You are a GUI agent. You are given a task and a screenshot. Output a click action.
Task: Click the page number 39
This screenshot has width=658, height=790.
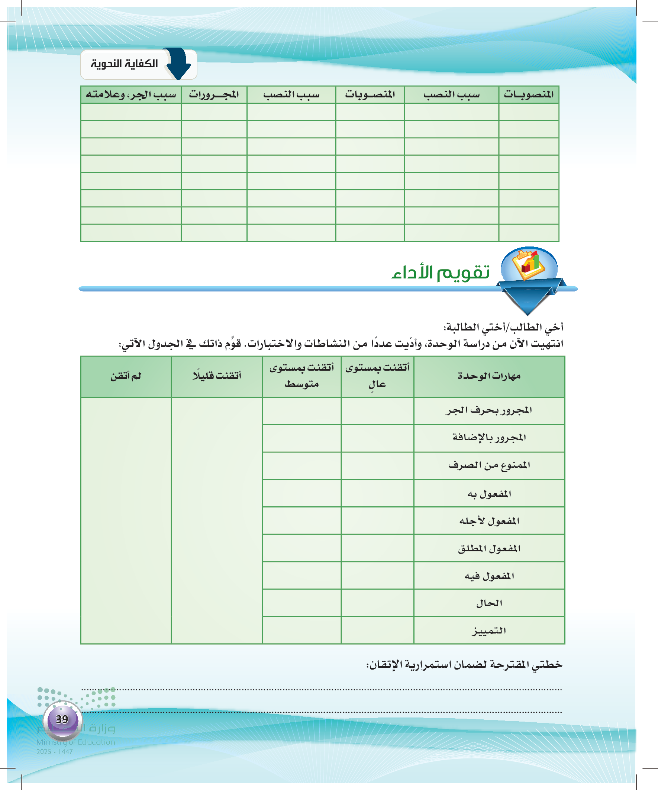tap(62, 719)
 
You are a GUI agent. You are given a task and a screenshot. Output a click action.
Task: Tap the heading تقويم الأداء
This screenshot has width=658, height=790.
tap(441, 272)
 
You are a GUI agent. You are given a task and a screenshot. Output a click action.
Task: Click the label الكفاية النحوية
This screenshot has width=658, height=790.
tap(124, 64)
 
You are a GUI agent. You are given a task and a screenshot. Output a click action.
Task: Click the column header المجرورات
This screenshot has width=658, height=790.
tap(214, 94)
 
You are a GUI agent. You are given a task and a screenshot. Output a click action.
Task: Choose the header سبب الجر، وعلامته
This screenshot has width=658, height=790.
tap(131, 94)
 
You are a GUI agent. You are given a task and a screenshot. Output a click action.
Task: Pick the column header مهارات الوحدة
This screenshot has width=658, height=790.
tap(489, 376)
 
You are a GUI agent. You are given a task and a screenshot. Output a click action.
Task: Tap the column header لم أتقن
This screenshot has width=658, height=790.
tap(126, 376)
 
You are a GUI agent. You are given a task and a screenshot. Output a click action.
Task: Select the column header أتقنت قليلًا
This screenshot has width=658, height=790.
tap(217, 376)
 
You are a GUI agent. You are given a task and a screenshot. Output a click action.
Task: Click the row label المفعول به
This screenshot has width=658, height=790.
tap(489, 494)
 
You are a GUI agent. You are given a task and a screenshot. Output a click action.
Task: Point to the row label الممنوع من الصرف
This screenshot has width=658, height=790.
tap(489, 465)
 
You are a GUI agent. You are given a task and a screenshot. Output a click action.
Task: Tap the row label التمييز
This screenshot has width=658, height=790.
tap(489, 631)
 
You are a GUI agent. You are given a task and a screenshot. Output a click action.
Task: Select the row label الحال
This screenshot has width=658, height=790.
tap(489, 603)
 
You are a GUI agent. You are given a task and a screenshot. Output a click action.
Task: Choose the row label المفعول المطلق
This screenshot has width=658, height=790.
tap(489, 548)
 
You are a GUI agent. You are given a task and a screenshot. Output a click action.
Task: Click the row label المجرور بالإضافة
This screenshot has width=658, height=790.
tap(489, 438)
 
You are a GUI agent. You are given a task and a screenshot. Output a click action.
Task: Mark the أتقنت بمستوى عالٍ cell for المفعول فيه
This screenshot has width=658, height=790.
tap(377, 575)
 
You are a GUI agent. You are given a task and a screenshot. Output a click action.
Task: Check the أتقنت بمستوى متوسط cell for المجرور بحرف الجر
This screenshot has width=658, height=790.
tap(302, 411)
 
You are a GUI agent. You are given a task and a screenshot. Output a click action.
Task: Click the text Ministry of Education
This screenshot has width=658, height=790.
tap(75, 742)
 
